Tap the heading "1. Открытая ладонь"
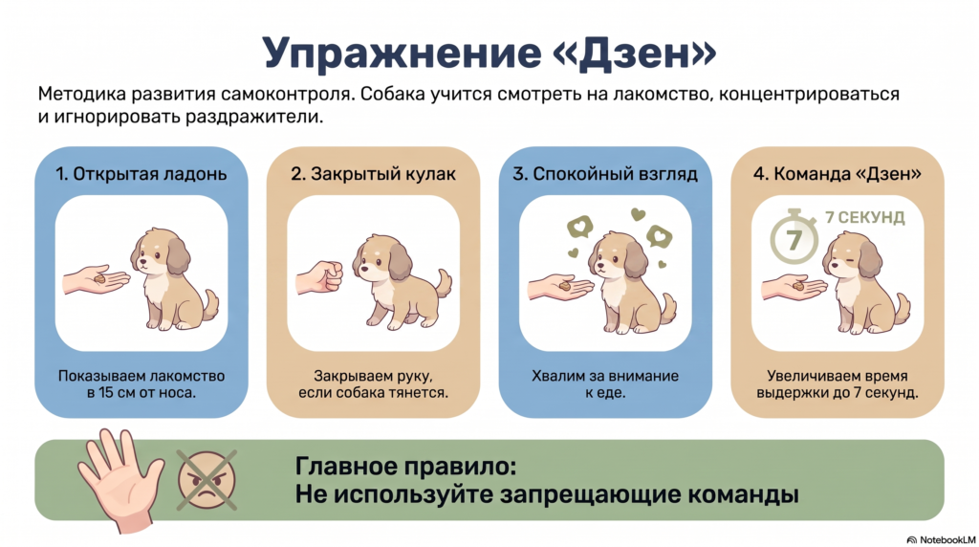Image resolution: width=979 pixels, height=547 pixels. [x=141, y=174]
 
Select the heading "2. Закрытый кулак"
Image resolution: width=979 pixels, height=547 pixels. [x=374, y=174]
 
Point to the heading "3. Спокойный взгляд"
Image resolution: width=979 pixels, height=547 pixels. [x=605, y=174]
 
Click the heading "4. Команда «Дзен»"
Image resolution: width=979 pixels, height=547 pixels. [x=838, y=174]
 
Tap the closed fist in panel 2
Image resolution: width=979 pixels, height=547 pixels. [x=319, y=276]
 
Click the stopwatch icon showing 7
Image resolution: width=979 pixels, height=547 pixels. [x=794, y=236]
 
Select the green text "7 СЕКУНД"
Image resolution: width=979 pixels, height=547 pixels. [x=864, y=217]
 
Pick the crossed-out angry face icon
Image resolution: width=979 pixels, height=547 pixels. [x=207, y=479]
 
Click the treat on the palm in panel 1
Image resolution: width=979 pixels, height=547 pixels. [x=100, y=279]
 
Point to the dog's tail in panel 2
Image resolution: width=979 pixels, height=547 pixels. [x=444, y=283]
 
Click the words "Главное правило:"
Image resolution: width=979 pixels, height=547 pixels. [x=405, y=466]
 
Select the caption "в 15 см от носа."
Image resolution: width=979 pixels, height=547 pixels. [x=141, y=393]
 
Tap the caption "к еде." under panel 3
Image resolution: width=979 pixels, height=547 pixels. [x=605, y=393]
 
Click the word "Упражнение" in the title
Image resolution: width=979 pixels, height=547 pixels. [x=402, y=54]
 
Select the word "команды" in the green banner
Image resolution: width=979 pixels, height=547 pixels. [x=743, y=493]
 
